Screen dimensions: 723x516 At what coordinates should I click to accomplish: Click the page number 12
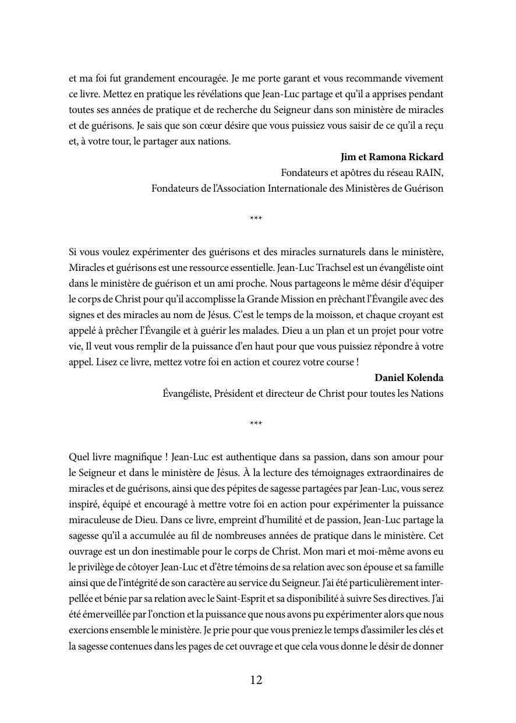pos(256,680)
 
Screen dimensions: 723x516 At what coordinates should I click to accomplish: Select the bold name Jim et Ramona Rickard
pos(392,157)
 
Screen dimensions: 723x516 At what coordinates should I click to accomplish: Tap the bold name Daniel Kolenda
pos(409,378)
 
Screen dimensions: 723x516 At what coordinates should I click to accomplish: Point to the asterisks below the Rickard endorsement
pos(256,219)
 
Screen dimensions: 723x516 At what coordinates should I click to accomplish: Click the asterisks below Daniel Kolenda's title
pos(256,424)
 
